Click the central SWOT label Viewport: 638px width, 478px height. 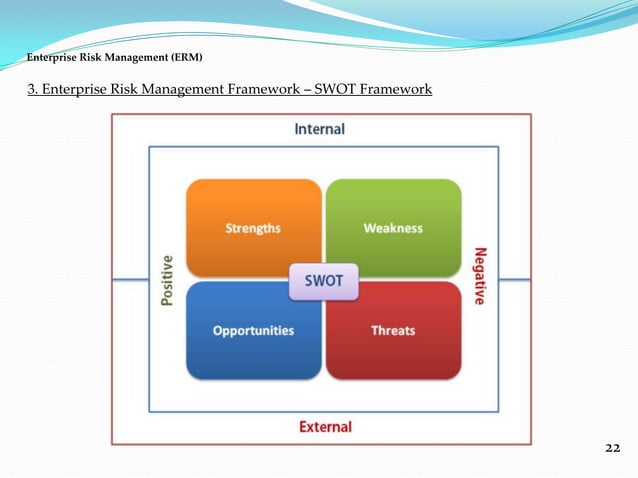[x=323, y=281]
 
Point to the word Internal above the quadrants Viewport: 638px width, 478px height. [x=319, y=129]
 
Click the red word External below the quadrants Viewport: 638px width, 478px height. [x=325, y=427]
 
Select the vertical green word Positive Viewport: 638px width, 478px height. [x=167, y=280]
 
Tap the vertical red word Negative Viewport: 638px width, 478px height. [x=480, y=276]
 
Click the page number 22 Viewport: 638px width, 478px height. [x=612, y=447]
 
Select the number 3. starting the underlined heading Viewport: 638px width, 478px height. [x=33, y=90]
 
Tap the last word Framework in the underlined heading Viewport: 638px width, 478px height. [x=397, y=90]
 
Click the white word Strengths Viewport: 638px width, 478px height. [x=253, y=228]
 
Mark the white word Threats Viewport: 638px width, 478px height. [x=393, y=330]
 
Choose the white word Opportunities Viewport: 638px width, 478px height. [x=253, y=330]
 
